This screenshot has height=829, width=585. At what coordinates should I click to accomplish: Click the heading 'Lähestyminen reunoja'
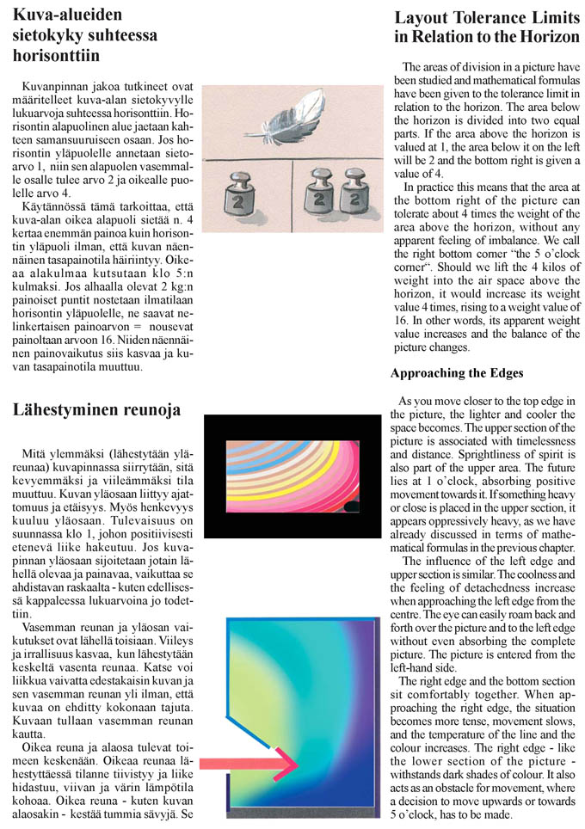96,409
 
